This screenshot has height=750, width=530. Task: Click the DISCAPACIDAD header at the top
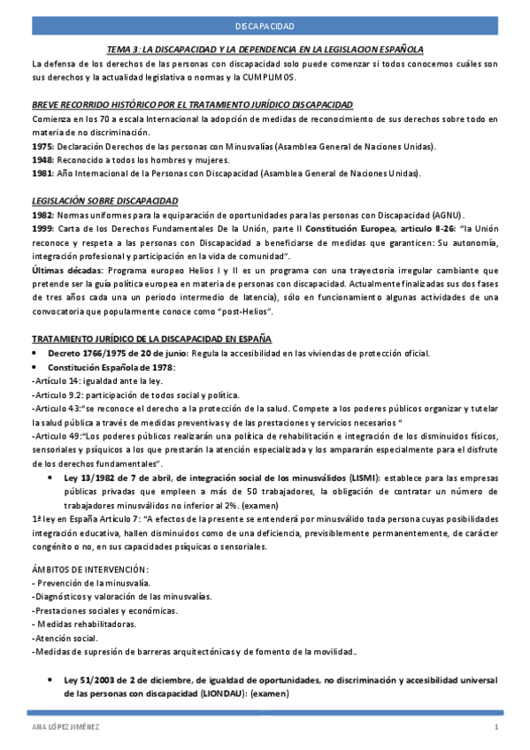point(265,28)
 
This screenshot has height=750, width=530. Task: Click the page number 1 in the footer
point(496,727)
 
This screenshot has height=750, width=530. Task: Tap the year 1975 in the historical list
point(41,146)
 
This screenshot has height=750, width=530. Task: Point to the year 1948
point(41,160)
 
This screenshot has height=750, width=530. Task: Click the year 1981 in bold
point(41,173)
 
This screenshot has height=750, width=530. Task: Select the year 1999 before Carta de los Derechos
point(41,228)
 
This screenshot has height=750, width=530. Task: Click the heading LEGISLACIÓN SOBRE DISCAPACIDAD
point(104,201)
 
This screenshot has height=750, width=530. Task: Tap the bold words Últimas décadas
point(65,269)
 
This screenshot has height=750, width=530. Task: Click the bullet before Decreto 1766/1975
point(35,353)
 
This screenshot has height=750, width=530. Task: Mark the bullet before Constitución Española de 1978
point(35,366)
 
